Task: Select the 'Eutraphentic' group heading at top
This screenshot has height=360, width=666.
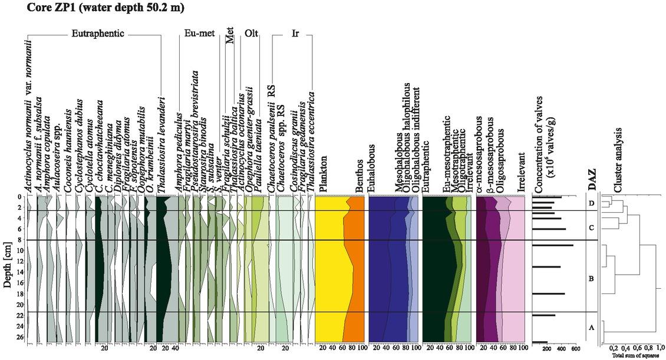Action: [98, 34]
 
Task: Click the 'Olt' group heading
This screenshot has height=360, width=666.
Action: [252, 34]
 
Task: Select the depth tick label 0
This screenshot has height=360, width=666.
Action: [21, 197]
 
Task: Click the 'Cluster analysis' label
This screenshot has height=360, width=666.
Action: [618, 160]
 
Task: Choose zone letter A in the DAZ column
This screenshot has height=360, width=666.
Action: [591, 329]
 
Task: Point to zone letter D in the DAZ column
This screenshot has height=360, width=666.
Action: [591, 204]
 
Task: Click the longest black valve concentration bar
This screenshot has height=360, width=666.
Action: [552, 245]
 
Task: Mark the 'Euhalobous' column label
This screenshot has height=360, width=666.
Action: [371, 171]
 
